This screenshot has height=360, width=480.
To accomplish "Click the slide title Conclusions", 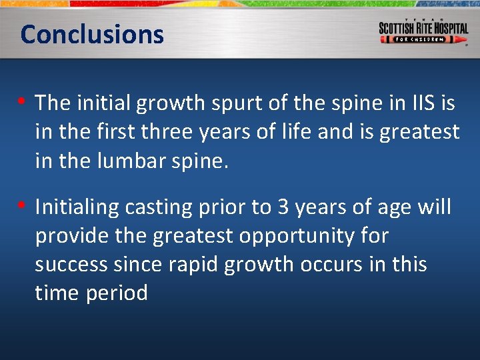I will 92,34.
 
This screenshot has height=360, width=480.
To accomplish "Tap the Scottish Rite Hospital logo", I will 423,31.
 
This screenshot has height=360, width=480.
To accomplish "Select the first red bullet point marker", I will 23,102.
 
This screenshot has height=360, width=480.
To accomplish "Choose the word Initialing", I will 83,207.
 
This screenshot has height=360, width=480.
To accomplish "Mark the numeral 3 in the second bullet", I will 283,207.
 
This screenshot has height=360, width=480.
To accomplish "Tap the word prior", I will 223,207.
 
